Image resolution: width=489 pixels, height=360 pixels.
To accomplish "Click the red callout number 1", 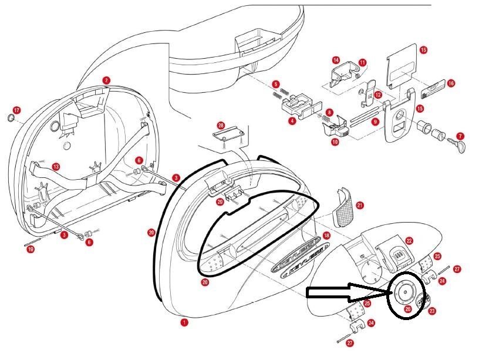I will pos(184,322).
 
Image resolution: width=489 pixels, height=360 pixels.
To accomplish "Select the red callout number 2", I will pos(106,80).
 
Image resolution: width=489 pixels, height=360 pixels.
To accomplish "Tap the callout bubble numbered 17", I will pos(16,110).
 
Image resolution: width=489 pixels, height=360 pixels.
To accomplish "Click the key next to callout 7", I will pos(458,144).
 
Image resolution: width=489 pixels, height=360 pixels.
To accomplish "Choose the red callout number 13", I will pos(56,167).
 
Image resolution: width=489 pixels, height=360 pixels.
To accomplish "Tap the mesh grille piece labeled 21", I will pos(341,207).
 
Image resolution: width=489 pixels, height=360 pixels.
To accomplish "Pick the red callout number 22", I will pos(409,241).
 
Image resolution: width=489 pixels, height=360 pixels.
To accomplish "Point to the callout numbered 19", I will pos(31,250).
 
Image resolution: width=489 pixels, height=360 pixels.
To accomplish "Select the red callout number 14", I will pos(336,60).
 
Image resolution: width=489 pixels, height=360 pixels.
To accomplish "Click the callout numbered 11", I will pos(362,62).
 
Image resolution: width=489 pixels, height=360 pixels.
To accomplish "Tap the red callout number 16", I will pos(451,83).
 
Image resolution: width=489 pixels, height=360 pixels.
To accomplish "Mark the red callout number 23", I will pos(433,311).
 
